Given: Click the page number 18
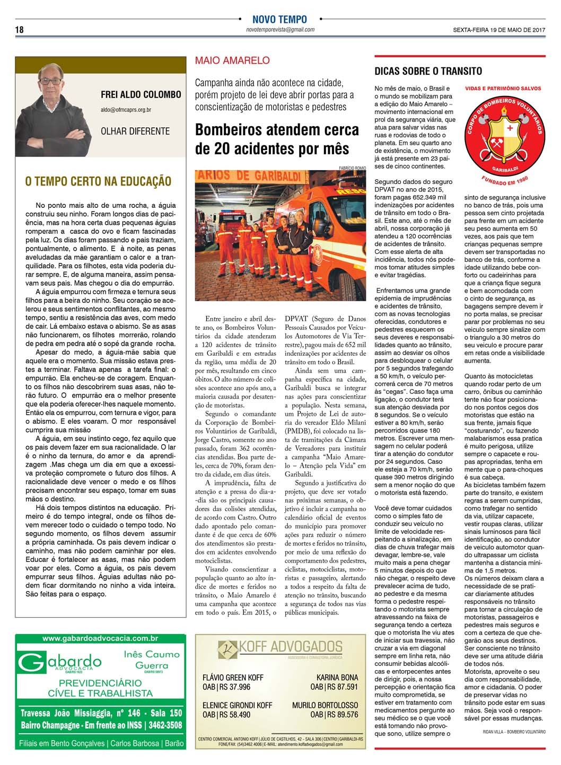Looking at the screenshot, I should pos(19,30).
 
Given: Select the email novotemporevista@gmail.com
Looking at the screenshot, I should pos(280,30).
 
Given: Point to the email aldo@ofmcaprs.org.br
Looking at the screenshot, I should pos(126,110).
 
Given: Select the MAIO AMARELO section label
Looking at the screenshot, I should pos(232,60).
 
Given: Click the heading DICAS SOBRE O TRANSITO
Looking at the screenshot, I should pos(428,71).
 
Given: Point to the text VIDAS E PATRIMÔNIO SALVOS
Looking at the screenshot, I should pos(503,89).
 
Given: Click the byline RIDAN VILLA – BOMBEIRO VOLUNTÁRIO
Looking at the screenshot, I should pos(506,731).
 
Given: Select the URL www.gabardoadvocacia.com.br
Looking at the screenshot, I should pos(100,639).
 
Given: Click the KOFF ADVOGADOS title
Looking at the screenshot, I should pos(281,647).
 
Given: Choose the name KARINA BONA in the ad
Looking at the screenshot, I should pos(337,678).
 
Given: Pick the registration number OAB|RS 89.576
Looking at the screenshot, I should pos(334,714).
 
